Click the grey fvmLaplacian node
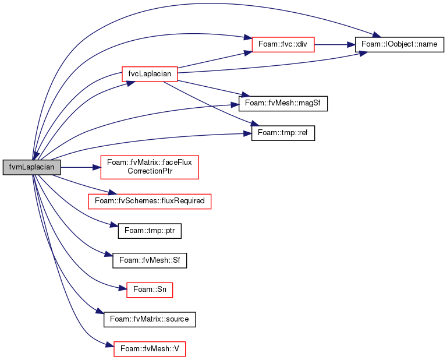(31, 167)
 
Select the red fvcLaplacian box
(150, 74)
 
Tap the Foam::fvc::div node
(283, 44)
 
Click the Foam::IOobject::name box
(399, 44)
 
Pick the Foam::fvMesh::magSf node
(283, 104)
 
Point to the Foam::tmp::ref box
(283, 133)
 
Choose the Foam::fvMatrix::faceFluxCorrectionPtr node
(150, 167)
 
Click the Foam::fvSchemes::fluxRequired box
(150, 202)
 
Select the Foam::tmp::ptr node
(150, 231)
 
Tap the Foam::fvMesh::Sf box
(150, 260)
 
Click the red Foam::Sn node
(150, 290)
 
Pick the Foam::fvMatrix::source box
(150, 319)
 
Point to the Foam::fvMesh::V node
(150, 349)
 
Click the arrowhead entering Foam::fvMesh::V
(110, 345)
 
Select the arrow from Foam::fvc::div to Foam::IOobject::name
(335, 44)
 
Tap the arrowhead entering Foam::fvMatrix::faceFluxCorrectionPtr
(97, 167)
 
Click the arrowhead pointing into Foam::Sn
(123, 288)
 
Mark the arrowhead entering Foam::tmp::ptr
(114, 225)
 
